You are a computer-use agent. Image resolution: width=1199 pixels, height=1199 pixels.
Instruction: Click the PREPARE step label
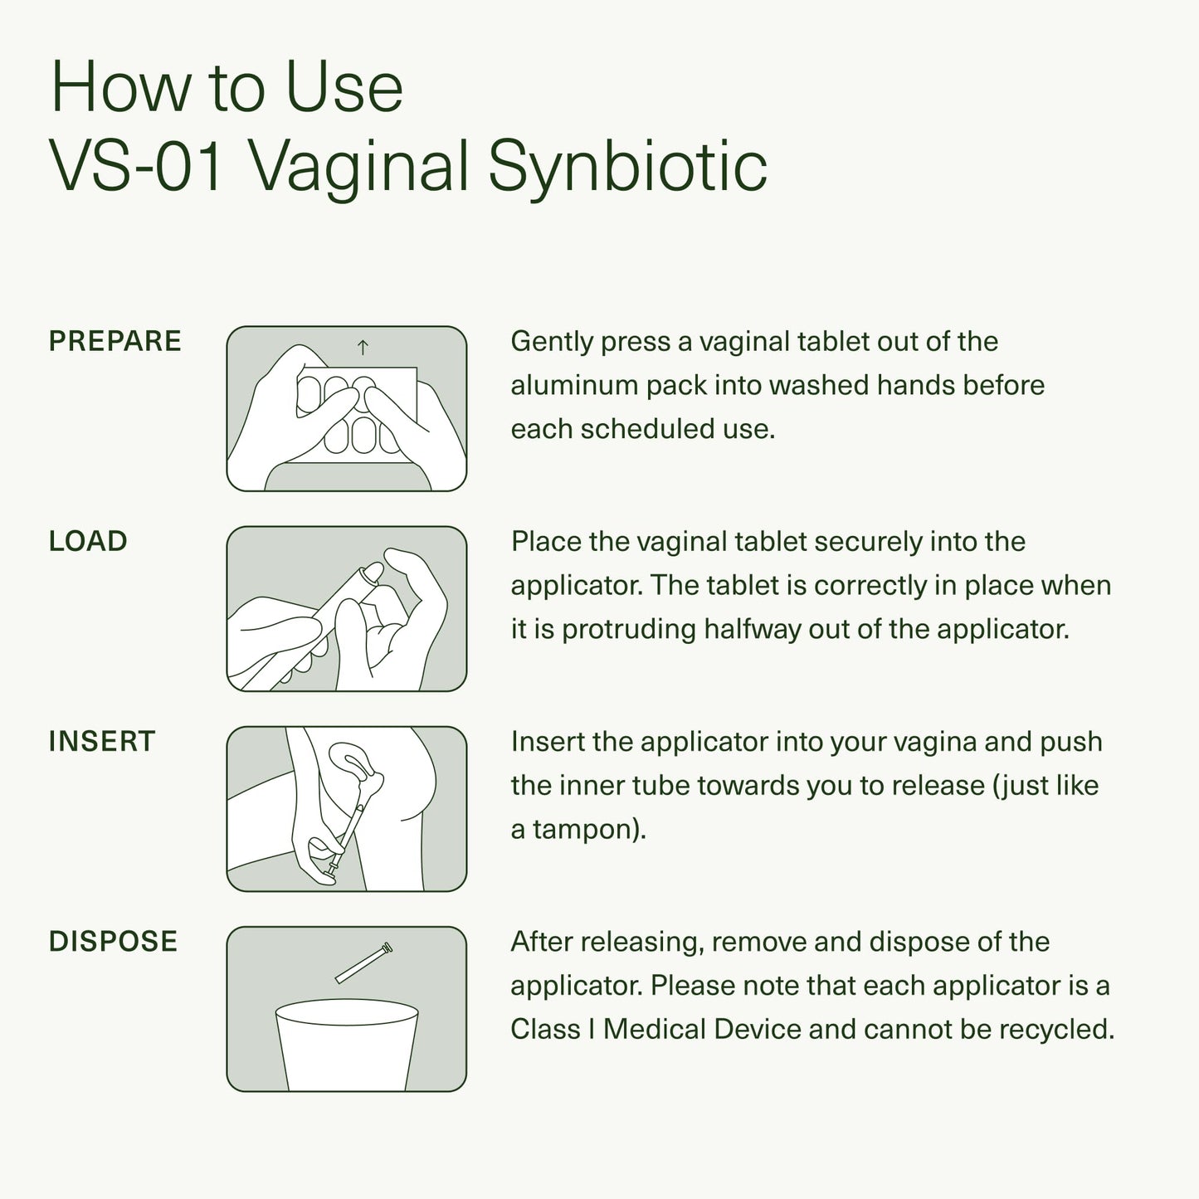[x=115, y=341]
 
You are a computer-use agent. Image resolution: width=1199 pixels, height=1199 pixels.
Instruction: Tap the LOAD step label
[x=88, y=541]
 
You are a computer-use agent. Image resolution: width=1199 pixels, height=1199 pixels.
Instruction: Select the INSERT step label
[x=102, y=741]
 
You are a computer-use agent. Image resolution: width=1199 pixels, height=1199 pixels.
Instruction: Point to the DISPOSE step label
[x=113, y=941]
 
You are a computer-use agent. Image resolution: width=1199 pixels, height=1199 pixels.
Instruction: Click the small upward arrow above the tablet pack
[x=363, y=348]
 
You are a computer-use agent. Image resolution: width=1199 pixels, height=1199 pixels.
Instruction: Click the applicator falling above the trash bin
[x=363, y=963]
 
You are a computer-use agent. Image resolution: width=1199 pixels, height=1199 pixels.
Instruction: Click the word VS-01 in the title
[x=138, y=166]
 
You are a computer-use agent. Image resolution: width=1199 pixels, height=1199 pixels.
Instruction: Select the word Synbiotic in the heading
[x=627, y=166]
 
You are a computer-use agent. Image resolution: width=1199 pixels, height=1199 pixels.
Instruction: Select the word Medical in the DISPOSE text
[x=654, y=1029]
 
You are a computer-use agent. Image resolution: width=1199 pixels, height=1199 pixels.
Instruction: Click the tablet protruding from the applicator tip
[x=373, y=573]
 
